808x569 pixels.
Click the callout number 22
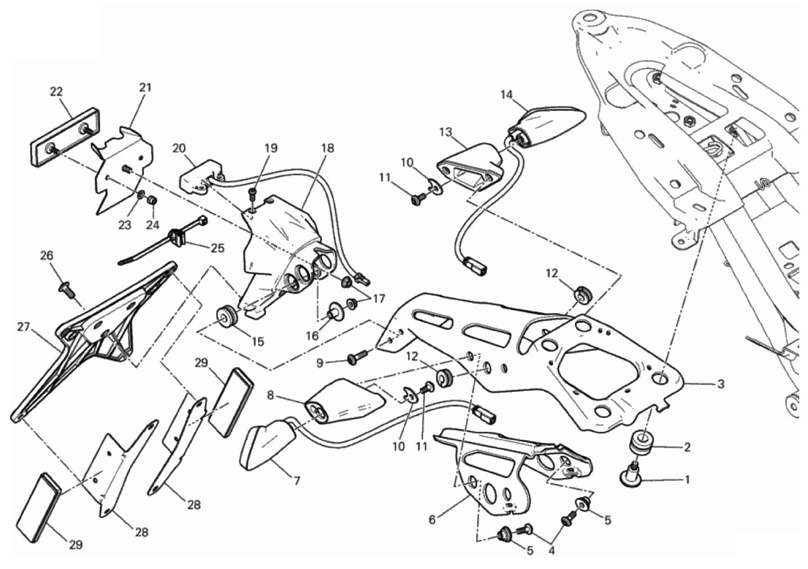coord(56,92)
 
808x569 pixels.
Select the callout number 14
coord(506,94)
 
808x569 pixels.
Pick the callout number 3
coord(721,385)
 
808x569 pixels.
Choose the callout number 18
coord(327,148)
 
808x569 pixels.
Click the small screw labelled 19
coord(253,196)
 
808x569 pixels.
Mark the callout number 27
coord(23,327)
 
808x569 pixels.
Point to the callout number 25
coord(218,248)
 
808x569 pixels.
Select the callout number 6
coord(432,520)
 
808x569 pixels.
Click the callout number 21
coord(146,87)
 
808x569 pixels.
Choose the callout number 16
coord(312,336)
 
